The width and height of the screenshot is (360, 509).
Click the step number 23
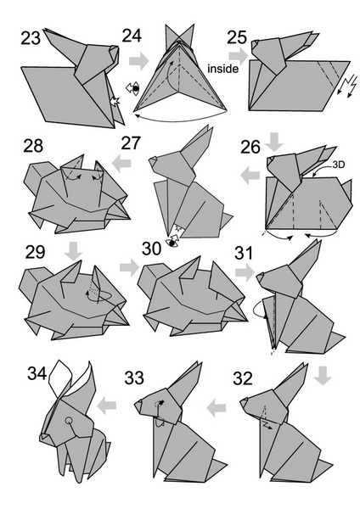point(31,38)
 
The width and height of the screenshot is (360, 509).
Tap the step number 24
point(132,36)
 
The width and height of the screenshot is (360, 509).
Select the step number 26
point(250,147)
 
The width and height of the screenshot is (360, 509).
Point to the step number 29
point(35,252)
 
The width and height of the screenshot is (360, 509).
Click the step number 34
point(37,373)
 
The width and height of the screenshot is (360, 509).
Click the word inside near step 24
point(223,69)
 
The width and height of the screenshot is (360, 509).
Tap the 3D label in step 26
point(338,165)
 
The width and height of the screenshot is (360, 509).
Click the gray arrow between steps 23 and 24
point(139,61)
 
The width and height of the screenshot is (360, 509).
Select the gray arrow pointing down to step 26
point(274,142)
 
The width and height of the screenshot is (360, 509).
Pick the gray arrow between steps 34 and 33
point(107,406)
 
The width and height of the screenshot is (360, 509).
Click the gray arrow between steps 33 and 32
point(217,408)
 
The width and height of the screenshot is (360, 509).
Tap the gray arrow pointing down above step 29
point(73,250)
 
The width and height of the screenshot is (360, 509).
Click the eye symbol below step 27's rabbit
point(173,242)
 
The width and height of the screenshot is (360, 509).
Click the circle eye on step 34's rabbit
point(69,421)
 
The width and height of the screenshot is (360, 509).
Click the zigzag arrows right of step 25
point(347,85)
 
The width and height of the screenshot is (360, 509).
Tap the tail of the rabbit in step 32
point(323,467)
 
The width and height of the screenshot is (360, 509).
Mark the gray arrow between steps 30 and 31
point(245,272)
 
